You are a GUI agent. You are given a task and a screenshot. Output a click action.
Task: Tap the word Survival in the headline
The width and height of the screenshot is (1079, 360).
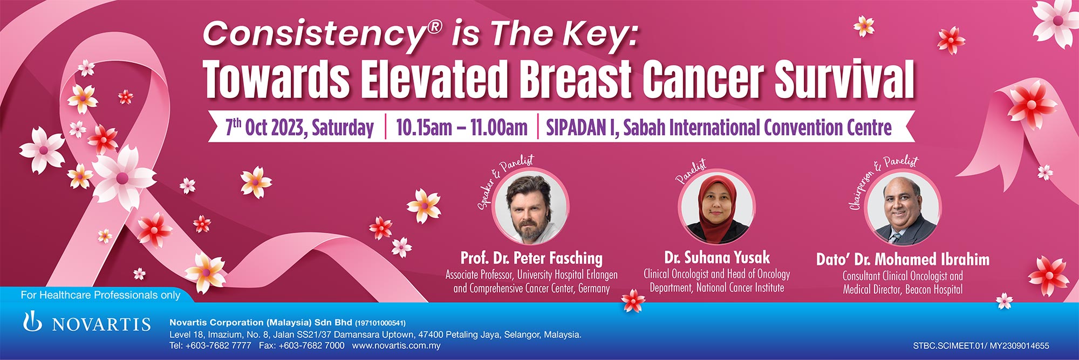845,79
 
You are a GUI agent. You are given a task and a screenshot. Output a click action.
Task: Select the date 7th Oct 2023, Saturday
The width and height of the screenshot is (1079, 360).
299,128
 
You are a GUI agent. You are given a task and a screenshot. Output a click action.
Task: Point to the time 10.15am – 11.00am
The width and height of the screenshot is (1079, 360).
462,128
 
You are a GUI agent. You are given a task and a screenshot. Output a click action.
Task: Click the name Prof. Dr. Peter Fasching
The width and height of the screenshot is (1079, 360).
531,259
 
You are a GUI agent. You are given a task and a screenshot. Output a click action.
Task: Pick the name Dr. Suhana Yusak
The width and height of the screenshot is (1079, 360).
717,257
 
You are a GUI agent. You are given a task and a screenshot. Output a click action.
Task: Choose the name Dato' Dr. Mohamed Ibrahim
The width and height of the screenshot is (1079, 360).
903,260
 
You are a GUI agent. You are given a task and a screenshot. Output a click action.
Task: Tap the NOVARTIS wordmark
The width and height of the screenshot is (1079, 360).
101,324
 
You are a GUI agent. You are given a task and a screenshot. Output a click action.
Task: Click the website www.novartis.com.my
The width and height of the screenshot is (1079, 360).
396,345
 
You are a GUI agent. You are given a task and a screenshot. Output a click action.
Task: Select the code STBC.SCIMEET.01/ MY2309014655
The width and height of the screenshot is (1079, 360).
981,345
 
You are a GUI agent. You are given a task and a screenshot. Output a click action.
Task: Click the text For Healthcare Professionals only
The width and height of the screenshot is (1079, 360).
100,295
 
